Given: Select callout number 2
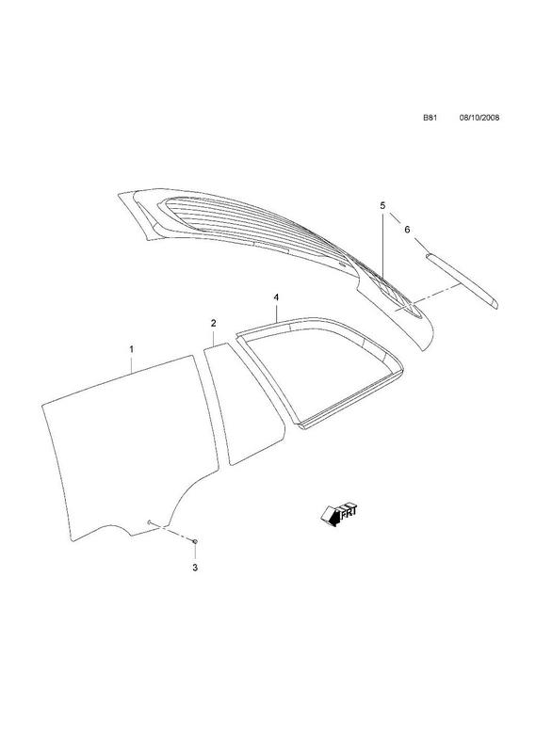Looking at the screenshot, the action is [214, 323].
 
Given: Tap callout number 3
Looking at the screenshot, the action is [195, 568].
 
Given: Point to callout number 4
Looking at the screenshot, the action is [276, 297].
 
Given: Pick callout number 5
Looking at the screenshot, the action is [382, 205].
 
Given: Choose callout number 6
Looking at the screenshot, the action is [407, 230].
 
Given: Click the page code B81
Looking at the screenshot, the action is [430, 118].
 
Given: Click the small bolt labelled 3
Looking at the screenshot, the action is [195, 541].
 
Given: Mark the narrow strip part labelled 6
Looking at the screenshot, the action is [462, 280].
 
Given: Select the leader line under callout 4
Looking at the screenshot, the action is [277, 312].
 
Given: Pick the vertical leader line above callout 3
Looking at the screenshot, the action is [195, 553].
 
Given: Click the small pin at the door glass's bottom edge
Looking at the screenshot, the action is [151, 522].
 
